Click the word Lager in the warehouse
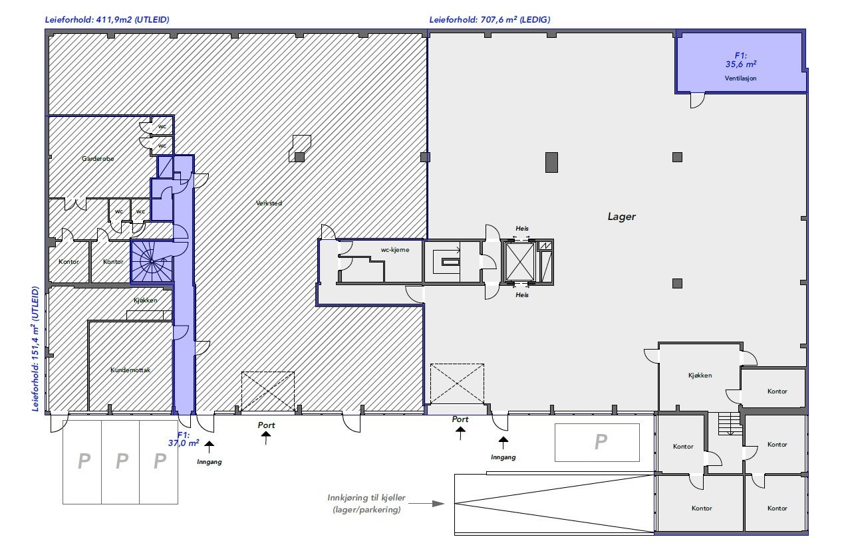pos(621,217)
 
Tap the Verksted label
pos(269,203)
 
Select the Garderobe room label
pos(98,159)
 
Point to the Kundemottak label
pos(130,370)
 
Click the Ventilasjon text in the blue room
pos(740,78)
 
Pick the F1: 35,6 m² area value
pos(741,60)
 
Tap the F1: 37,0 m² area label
pos(184,438)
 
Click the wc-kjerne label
pos(394,250)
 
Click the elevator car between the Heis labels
pos(519,262)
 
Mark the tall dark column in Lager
pos(551,162)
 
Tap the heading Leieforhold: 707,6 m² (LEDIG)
pos(490,20)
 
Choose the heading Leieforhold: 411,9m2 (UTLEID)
pos(107,20)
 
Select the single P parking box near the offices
pos(597,443)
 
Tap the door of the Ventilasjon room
pos(697,100)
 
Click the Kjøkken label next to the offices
pos(700,376)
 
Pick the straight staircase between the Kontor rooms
pos(730,424)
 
